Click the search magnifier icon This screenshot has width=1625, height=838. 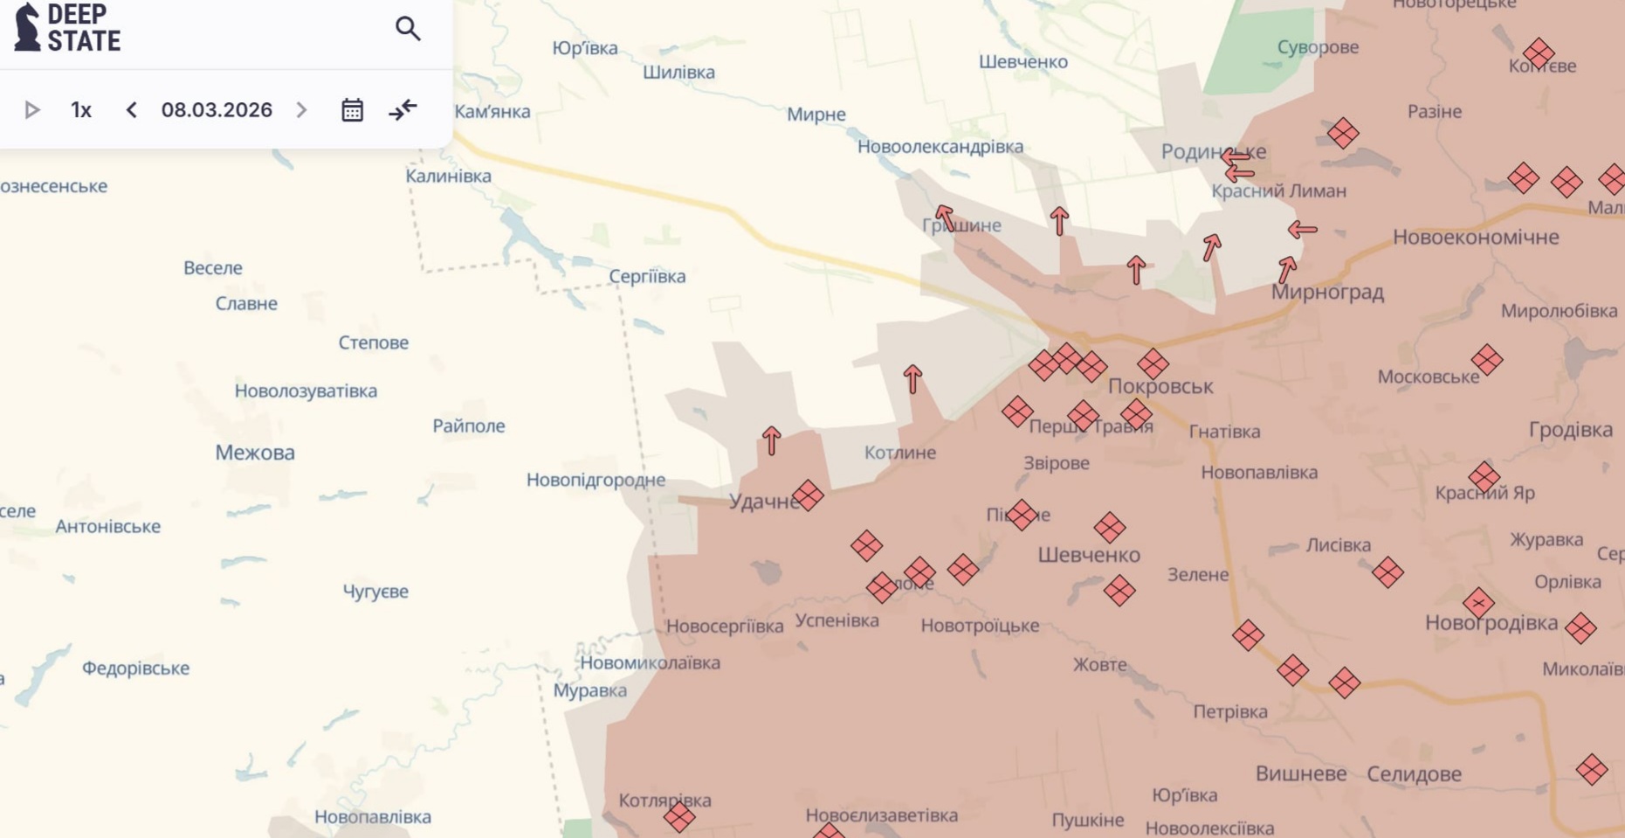pyautogui.click(x=407, y=29)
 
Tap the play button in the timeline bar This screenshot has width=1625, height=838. pyautogui.click(x=32, y=110)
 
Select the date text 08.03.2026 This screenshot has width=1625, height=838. pyautogui.click(x=217, y=110)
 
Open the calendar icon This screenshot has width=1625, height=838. pyautogui.click(x=352, y=110)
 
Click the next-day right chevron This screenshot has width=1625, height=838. pyautogui.click(x=301, y=110)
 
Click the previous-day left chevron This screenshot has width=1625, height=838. pyautogui.click(x=132, y=110)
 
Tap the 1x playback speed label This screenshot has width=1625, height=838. pyautogui.click(x=81, y=110)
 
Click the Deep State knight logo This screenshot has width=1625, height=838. pyautogui.click(x=28, y=27)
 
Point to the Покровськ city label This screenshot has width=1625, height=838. pyautogui.click(x=1160, y=386)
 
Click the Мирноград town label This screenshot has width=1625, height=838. pyautogui.click(x=1326, y=292)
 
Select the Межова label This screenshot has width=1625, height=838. pyautogui.click(x=255, y=453)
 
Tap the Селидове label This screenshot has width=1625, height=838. pyautogui.click(x=1414, y=774)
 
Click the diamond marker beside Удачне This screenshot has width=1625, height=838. pyautogui.click(x=808, y=495)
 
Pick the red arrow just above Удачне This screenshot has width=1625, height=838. pyautogui.click(x=771, y=440)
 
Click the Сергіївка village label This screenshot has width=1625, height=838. pyautogui.click(x=647, y=277)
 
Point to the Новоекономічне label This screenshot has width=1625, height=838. pyautogui.click(x=1475, y=238)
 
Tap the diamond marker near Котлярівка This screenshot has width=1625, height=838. pyautogui.click(x=679, y=818)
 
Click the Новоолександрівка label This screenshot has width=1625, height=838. pyautogui.click(x=940, y=147)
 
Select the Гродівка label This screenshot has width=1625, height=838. pyautogui.click(x=1570, y=430)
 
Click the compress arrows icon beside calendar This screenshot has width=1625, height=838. pyautogui.click(x=403, y=110)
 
